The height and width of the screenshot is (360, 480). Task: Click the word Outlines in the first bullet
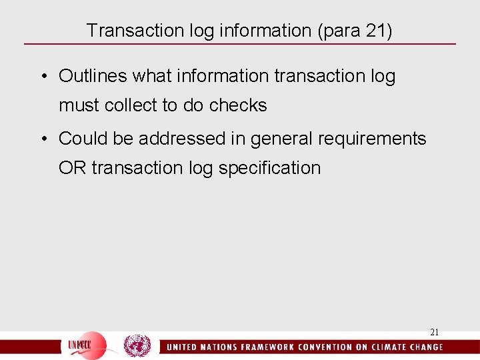(x=93, y=77)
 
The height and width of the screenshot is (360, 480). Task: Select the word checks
(x=238, y=105)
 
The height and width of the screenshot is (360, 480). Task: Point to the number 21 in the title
(x=375, y=30)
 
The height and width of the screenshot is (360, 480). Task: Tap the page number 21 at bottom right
(x=434, y=331)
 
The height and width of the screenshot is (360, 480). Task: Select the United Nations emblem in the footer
(x=137, y=346)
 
